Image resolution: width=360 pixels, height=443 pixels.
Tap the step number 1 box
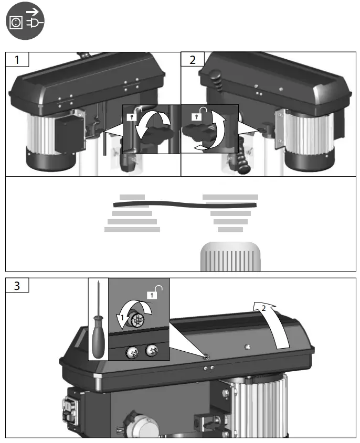17,59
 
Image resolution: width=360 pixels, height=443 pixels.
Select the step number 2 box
193,59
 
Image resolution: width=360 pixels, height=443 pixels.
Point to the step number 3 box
17,286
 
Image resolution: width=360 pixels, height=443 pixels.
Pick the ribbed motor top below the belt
231,256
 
